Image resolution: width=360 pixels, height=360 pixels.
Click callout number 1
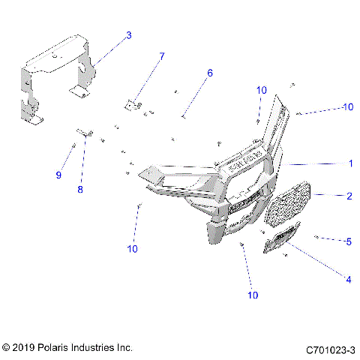tap(350, 163)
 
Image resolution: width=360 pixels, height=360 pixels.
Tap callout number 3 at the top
tap(128, 35)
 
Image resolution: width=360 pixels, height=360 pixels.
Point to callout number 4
tap(348, 280)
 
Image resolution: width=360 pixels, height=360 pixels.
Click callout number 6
tap(210, 73)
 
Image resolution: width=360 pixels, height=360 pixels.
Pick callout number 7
tap(162, 56)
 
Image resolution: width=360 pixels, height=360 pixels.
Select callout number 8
tap(80, 189)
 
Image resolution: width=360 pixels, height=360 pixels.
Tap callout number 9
tap(58, 175)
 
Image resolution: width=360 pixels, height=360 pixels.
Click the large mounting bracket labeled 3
tap(56, 71)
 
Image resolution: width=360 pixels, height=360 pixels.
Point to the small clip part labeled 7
tap(135, 105)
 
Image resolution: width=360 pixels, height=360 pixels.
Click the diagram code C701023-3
tap(330, 349)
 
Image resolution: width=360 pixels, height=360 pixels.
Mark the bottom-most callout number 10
tap(253, 295)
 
